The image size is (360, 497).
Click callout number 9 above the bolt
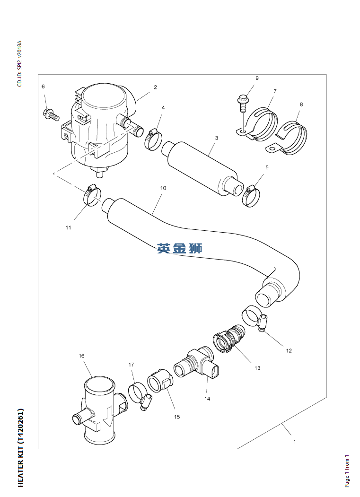coord(257,78)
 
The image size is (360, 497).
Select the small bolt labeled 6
coord(49,114)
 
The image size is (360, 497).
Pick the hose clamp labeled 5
coord(251,194)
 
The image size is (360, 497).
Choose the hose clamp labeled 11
coord(92,195)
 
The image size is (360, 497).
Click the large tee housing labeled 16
coord(98,409)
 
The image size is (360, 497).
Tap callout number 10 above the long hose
coord(163,188)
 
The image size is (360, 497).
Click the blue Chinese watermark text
coord(180,248)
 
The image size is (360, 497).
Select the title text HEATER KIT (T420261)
coord(20,447)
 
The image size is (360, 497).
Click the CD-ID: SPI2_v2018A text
coord(19,64)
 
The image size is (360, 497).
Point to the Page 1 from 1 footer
coord(347,471)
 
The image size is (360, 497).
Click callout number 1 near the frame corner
coord(294,442)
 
